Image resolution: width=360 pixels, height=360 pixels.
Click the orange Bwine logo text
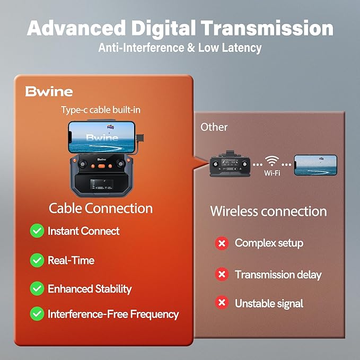(x=48, y=91)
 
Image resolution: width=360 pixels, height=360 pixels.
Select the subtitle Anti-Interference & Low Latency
(x=180, y=48)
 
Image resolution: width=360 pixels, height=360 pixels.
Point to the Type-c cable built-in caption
(x=101, y=110)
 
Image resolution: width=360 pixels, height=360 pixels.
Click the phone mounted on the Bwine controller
(x=100, y=137)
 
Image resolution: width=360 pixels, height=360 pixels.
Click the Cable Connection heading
(x=100, y=208)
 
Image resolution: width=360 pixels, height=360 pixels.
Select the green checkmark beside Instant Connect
(x=37, y=231)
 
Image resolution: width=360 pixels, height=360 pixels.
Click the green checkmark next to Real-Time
(x=37, y=260)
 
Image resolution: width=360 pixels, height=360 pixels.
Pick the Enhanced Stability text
(x=90, y=289)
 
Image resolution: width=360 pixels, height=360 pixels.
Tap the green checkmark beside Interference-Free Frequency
(x=37, y=314)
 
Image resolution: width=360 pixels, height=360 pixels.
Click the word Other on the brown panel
(x=214, y=127)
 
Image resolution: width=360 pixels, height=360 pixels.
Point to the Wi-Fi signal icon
(x=273, y=161)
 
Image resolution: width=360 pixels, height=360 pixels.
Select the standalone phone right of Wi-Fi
(x=315, y=164)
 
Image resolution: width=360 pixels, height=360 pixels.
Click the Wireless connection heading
(x=268, y=211)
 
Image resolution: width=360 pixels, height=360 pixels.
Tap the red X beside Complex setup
(x=222, y=243)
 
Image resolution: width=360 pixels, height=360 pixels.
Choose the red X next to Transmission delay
(x=222, y=275)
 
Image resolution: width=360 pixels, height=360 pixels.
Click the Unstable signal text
(x=269, y=303)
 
